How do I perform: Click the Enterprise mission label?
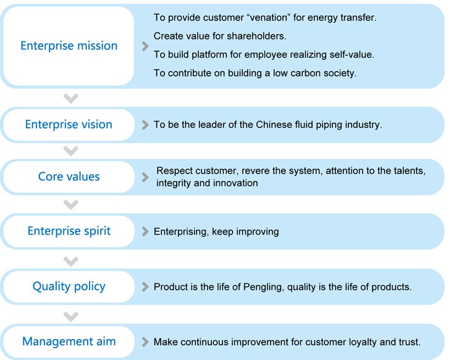(x=69, y=46)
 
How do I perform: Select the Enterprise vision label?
(x=69, y=125)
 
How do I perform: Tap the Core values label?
(x=69, y=177)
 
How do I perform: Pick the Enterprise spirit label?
(x=69, y=231)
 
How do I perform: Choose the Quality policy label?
(x=69, y=287)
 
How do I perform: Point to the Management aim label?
(x=69, y=341)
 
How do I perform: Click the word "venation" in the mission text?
(x=269, y=17)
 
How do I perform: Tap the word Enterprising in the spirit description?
(x=181, y=232)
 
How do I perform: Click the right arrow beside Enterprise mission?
(x=145, y=46)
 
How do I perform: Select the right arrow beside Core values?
(x=145, y=177)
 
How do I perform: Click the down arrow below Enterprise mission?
(x=71, y=98)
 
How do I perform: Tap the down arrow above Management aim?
(x=71, y=316)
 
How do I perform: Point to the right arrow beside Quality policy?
(x=145, y=287)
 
